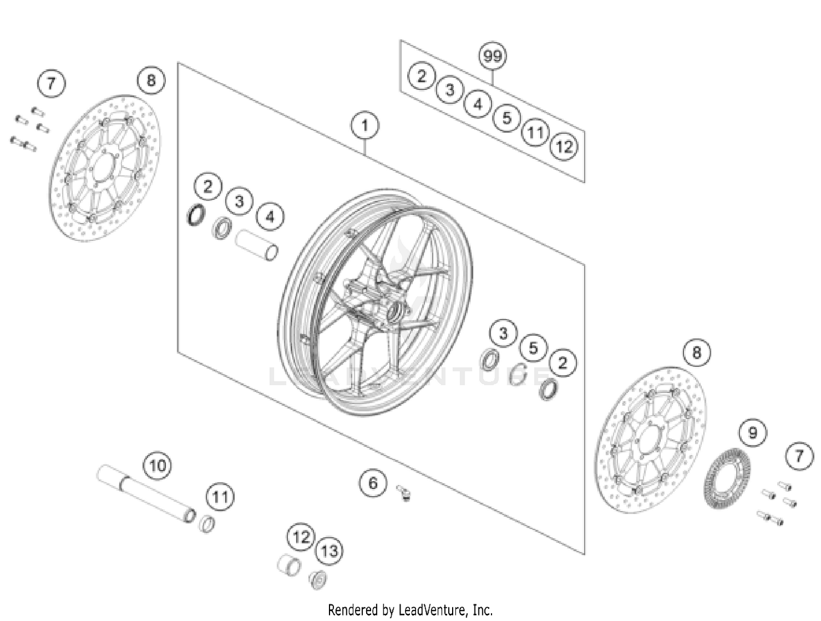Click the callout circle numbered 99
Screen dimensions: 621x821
tap(493, 56)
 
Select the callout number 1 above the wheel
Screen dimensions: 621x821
tap(365, 126)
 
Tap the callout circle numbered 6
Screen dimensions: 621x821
tap(373, 483)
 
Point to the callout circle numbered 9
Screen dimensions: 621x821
tap(753, 433)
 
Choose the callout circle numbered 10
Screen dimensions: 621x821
tap(157, 466)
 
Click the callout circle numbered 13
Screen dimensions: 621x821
tap(329, 551)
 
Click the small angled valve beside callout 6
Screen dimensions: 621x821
tap(404, 493)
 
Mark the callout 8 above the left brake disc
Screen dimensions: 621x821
tap(151, 81)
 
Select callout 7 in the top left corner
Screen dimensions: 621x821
tap(51, 84)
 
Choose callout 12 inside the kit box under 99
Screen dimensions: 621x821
tap(564, 147)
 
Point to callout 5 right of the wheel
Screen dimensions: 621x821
tap(533, 348)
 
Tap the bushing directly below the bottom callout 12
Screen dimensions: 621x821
tap(288, 565)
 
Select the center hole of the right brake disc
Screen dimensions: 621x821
tap(649, 439)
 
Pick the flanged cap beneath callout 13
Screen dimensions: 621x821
tap(319, 579)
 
